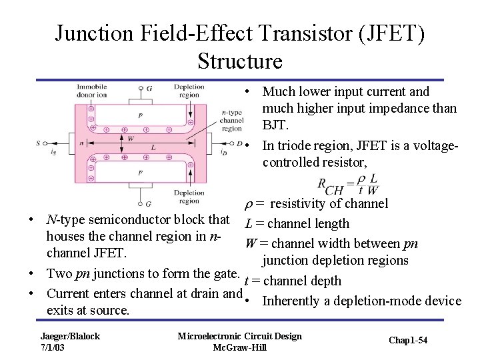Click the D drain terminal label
239,143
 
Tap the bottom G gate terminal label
148,203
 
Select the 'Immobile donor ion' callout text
92,91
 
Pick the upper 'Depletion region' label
189,91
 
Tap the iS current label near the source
54,153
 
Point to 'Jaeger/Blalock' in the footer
70,336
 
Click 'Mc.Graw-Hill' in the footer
239,348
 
